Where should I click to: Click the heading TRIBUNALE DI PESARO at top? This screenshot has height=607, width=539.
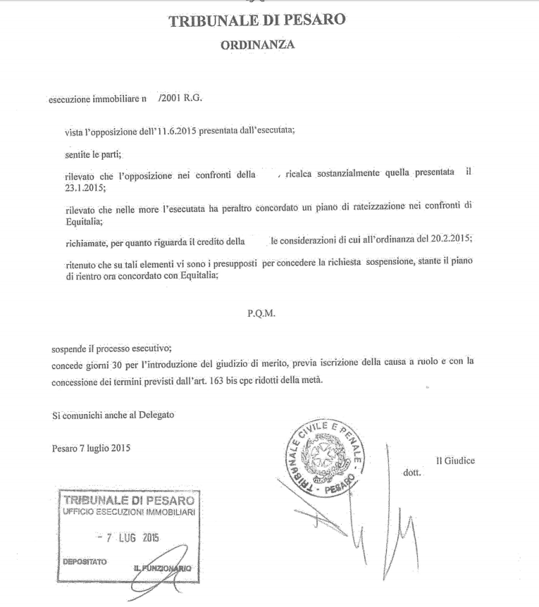pos(257,20)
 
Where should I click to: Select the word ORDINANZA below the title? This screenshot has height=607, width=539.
pos(257,45)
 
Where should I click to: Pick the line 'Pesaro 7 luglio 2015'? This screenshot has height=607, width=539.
pos(92,448)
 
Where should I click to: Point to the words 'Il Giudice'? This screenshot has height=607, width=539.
pos(455,461)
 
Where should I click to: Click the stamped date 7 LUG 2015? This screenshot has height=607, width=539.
pos(130,538)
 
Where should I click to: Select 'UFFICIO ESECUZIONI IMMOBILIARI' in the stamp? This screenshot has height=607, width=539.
pos(128,513)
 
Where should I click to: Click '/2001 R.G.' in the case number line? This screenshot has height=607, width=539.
pos(181,99)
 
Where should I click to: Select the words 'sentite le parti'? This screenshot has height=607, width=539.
pos(92,153)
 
